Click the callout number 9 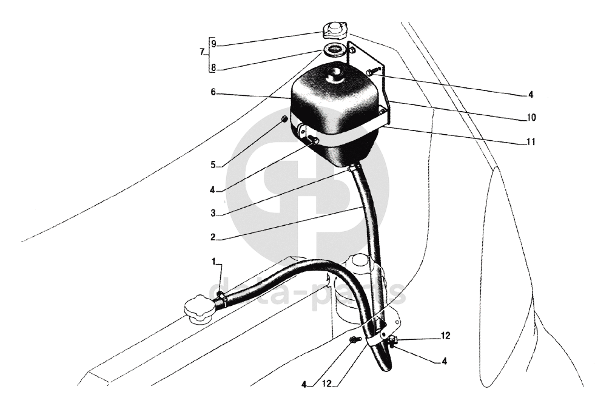click(213, 44)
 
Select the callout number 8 click(213, 67)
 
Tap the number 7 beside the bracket click(202, 53)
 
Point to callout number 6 click(213, 93)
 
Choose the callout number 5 click(213, 164)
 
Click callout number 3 click(213, 213)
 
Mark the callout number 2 click(213, 237)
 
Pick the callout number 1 click(213, 261)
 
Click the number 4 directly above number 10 click(531, 95)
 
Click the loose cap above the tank click(334, 30)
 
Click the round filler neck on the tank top click(334, 75)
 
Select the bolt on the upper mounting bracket click(371, 72)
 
